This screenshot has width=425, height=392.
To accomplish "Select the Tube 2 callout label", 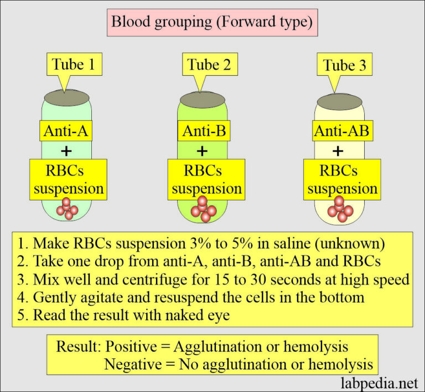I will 204,65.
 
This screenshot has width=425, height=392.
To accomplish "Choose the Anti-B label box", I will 204,132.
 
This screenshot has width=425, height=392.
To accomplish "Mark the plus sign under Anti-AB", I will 339,151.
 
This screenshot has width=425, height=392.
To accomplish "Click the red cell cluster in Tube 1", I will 67,208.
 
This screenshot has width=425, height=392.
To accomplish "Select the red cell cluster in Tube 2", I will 203,209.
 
